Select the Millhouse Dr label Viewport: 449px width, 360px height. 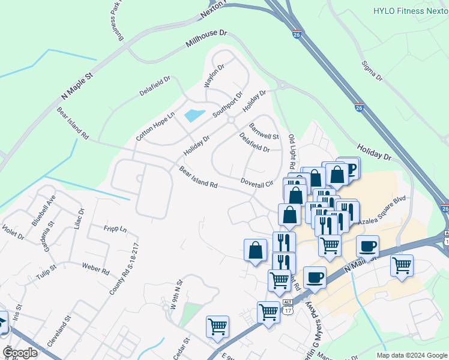(207, 41)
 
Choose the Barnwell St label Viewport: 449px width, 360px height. (264, 132)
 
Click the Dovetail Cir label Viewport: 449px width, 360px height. (257, 181)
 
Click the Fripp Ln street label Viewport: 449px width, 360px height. (115, 229)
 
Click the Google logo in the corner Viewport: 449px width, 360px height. (20, 353)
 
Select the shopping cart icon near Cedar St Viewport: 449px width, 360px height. (217, 327)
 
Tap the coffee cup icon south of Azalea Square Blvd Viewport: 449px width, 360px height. (367, 245)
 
